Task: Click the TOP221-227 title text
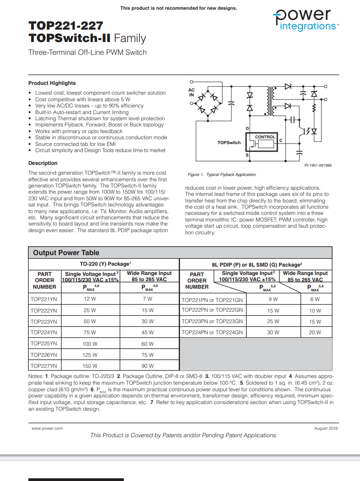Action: click(x=66, y=26)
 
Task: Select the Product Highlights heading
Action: click(x=52, y=83)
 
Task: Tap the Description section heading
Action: click(x=43, y=163)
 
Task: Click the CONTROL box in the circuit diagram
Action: click(x=265, y=137)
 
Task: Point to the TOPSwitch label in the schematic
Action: click(x=229, y=143)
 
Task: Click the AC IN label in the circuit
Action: click(x=191, y=92)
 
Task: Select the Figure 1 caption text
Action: click(x=222, y=175)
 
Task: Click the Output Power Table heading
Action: click(x=66, y=253)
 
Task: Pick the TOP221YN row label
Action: click(x=44, y=299)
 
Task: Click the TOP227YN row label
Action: click(x=44, y=366)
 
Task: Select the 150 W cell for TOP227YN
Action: click(x=90, y=366)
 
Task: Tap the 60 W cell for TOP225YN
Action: click(x=148, y=344)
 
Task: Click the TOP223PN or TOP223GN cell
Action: click(x=212, y=321)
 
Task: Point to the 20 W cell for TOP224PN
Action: click(x=315, y=332)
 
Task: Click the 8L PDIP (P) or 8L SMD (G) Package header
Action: click(x=257, y=264)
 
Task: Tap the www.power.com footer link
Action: click(x=47, y=428)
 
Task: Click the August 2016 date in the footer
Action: click(x=326, y=428)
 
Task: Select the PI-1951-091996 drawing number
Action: click(x=318, y=165)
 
